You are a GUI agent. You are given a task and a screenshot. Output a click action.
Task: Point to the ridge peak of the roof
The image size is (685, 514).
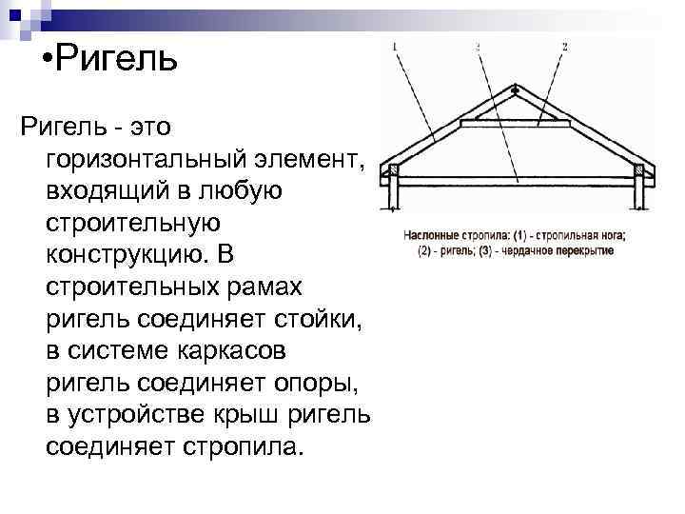click(515, 90)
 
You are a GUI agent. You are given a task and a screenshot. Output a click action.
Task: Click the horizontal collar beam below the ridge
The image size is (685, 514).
click(515, 123)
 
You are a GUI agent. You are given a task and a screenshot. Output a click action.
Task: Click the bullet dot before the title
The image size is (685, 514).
click(49, 58)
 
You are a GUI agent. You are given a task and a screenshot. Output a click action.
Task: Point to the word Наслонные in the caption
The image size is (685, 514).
click(432, 235)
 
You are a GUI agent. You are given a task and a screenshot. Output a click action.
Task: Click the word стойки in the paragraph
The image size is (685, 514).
click(313, 319)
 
